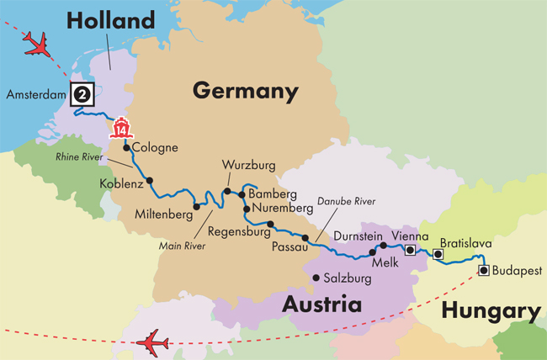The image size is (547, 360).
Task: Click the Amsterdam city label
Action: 35,94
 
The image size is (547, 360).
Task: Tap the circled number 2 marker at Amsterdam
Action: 82,93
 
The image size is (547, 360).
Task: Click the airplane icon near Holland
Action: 39,44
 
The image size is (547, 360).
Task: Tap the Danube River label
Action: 347,201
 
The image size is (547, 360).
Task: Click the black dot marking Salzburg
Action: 316,278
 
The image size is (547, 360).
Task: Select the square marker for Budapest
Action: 484,270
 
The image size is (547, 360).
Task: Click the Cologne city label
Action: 156,148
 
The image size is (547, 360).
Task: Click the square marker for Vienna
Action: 410,250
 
